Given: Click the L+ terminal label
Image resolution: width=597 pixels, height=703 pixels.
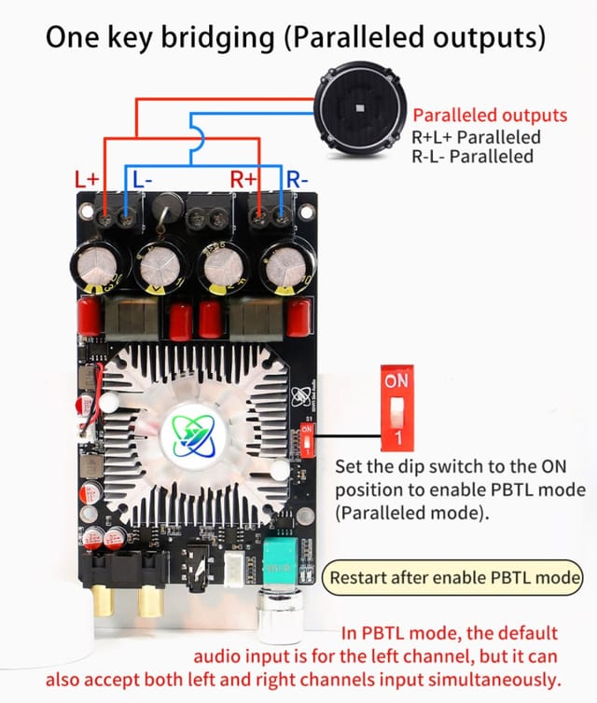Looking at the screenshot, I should (87, 177).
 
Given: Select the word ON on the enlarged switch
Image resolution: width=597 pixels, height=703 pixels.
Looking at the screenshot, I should (396, 382).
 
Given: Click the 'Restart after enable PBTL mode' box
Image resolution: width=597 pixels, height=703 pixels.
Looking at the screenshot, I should (454, 577).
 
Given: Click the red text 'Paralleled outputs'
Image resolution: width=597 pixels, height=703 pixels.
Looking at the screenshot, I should (490, 117).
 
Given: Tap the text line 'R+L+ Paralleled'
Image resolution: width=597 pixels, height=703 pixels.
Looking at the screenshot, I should (476, 137).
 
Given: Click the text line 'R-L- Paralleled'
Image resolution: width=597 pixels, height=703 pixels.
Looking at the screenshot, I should (472, 156).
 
